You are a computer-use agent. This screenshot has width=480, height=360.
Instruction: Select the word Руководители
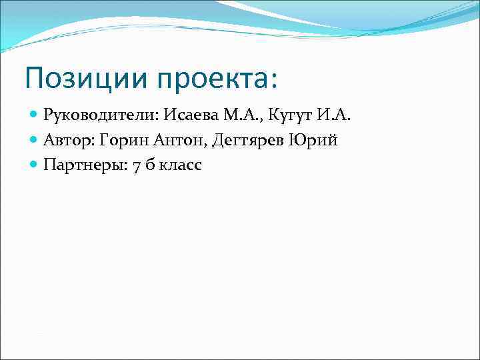(x=97, y=117)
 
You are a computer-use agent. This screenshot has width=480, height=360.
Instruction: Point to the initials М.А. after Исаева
(x=241, y=117)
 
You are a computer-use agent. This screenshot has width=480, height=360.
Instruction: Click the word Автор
(x=67, y=141)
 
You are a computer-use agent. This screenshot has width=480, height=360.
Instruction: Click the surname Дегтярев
(x=242, y=141)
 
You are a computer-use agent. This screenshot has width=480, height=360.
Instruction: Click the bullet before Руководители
(x=35, y=117)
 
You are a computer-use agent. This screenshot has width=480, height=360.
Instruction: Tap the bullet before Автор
(x=35, y=141)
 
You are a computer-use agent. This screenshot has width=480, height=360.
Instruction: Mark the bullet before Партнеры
(x=35, y=165)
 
